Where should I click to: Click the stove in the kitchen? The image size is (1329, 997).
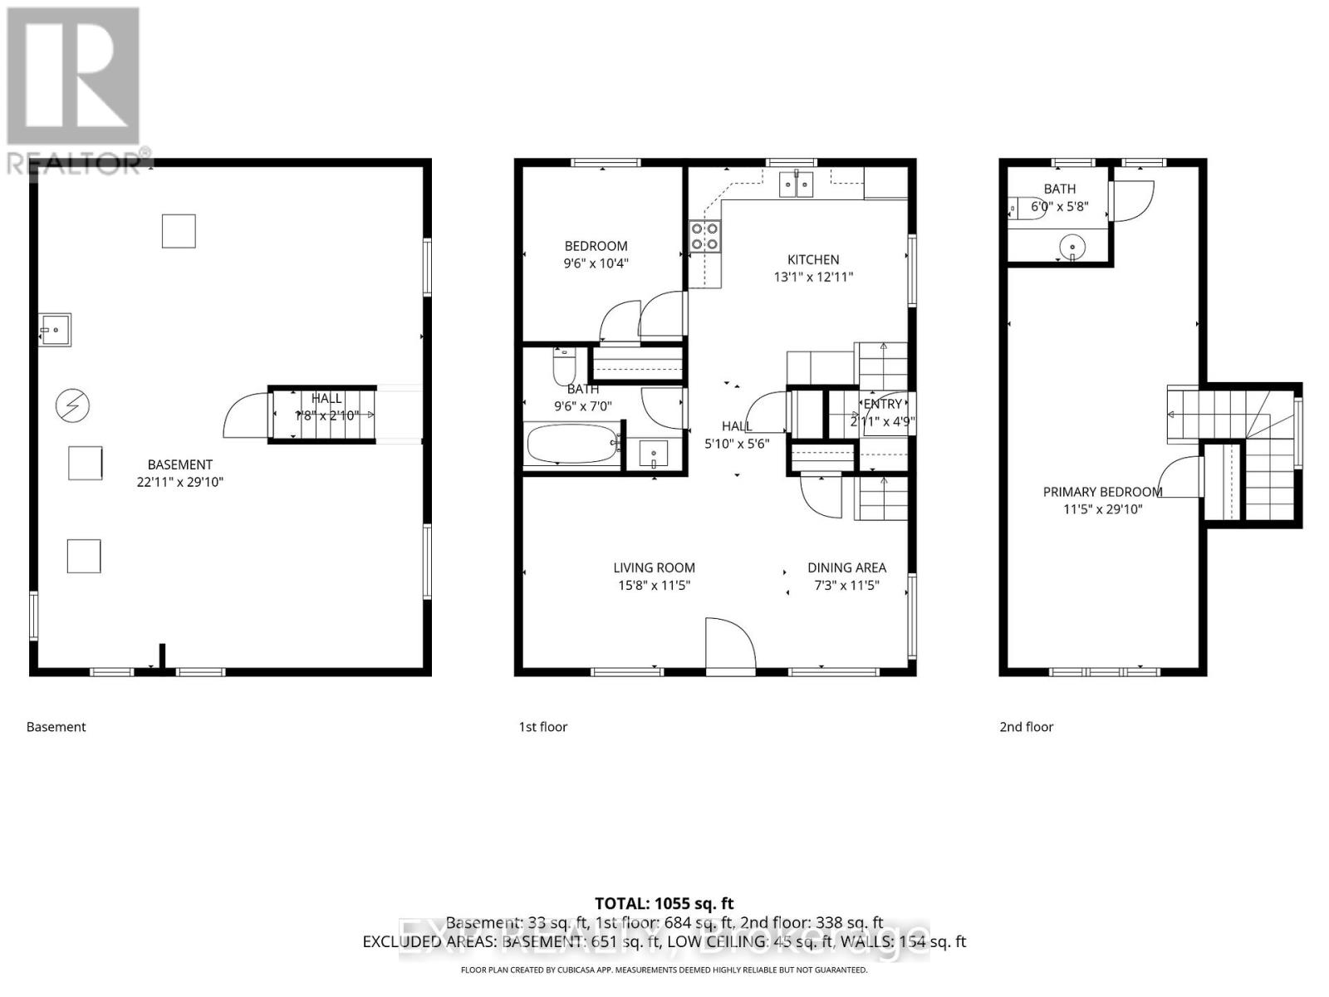tap(704, 237)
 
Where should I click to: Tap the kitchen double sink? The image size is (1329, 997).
tap(797, 184)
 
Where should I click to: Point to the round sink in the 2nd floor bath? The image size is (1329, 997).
tap(1073, 247)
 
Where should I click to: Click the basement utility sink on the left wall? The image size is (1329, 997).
tap(55, 330)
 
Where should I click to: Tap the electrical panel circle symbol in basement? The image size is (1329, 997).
tap(72, 405)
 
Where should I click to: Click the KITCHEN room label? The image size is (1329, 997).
tap(813, 259)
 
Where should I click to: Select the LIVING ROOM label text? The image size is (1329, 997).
tap(654, 567)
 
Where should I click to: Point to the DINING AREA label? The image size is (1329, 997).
tap(846, 567)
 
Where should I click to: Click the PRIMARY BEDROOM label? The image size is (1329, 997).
tap(1102, 492)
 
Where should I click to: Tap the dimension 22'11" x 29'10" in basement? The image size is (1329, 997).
tap(180, 482)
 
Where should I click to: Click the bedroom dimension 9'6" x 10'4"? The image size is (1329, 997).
tap(596, 263)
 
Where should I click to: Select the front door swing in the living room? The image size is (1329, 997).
tap(729, 641)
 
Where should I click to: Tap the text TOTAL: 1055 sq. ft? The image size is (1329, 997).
tap(664, 903)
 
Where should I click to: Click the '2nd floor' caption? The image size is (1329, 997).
tap(1026, 727)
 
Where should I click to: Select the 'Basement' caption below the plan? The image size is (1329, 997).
tap(56, 727)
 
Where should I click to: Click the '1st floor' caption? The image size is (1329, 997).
tap(543, 727)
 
